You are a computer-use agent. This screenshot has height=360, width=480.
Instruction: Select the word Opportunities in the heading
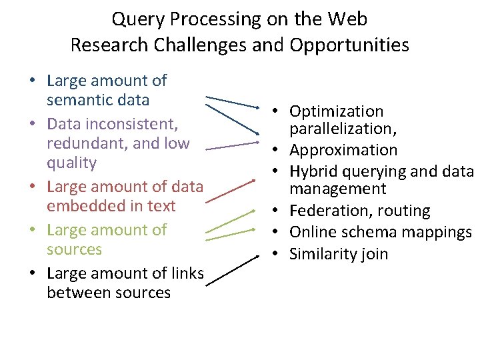point(349,45)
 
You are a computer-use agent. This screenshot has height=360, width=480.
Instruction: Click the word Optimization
point(337,111)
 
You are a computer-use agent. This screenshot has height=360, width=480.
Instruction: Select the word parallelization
point(338,128)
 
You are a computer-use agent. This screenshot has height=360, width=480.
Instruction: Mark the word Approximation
point(343,150)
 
